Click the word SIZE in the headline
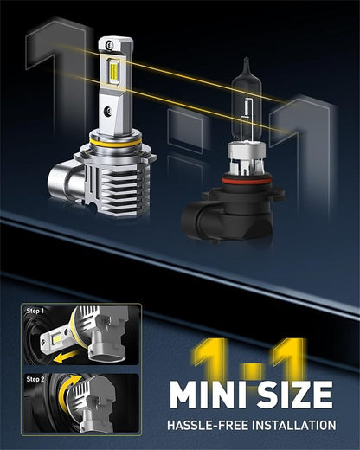click(294, 395)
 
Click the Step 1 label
click(35, 311)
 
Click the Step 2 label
click(35, 379)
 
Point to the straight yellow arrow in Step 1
click(67, 357)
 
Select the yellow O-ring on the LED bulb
click(115, 142)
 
